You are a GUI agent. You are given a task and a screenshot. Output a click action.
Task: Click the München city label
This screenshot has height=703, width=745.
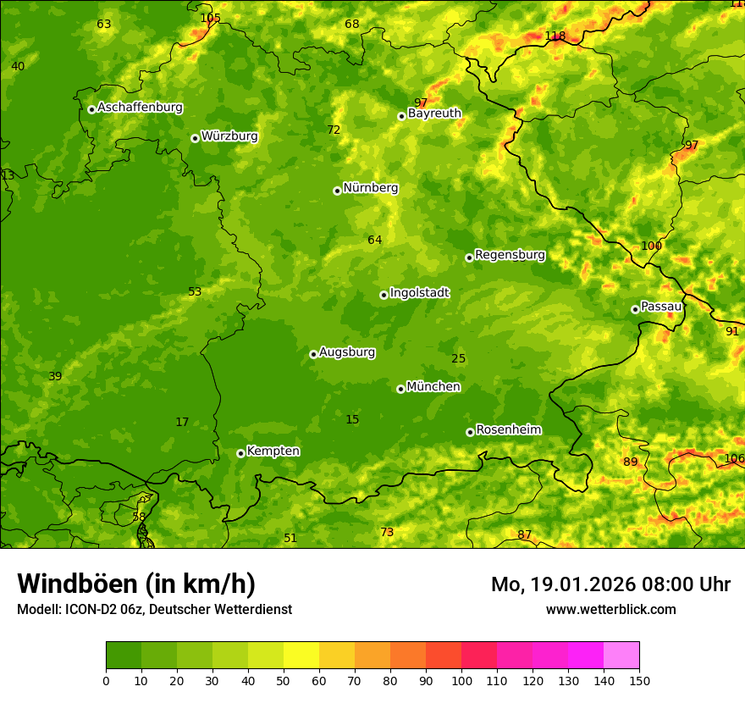coord(433,387)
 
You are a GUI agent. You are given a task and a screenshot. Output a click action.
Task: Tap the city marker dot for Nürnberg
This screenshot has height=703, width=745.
coord(337,191)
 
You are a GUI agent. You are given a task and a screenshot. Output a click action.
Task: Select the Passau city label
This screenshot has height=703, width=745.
coord(661,307)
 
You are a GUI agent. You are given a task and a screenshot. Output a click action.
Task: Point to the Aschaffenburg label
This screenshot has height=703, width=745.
coord(140,108)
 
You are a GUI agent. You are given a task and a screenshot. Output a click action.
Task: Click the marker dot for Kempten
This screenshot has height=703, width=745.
coord(240,453)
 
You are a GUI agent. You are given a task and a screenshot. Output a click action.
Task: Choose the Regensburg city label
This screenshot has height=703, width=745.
coord(510,255)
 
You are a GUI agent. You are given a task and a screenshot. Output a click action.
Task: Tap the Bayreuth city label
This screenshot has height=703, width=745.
coord(434,113)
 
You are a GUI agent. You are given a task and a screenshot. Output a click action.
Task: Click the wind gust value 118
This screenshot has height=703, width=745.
coord(555,36)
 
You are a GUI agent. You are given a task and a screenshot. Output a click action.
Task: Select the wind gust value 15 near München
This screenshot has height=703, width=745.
coord(352,419)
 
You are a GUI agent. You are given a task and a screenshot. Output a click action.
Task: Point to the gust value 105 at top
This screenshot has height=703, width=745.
coord(210,18)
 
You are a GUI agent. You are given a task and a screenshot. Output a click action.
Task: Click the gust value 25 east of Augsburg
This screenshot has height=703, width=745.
coord(459,358)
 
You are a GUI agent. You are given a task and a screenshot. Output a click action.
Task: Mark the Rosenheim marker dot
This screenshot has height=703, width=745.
coord(470,432)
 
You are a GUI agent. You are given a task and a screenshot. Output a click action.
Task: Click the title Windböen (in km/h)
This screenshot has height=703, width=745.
coord(136,584)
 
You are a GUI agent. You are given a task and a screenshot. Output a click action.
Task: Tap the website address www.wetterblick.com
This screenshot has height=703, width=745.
coord(611,609)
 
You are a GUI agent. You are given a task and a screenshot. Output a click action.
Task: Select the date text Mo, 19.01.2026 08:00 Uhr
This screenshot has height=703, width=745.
coord(610,584)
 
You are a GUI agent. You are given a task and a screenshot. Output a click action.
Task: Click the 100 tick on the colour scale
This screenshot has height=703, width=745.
coord(461,680)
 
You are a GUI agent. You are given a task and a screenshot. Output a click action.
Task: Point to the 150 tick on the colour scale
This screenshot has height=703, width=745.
coord(639,680)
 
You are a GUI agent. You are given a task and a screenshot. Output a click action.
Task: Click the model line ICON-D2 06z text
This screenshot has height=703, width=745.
coord(154,609)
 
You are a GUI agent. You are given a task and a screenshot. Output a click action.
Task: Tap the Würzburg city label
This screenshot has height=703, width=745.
coord(229,136)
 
